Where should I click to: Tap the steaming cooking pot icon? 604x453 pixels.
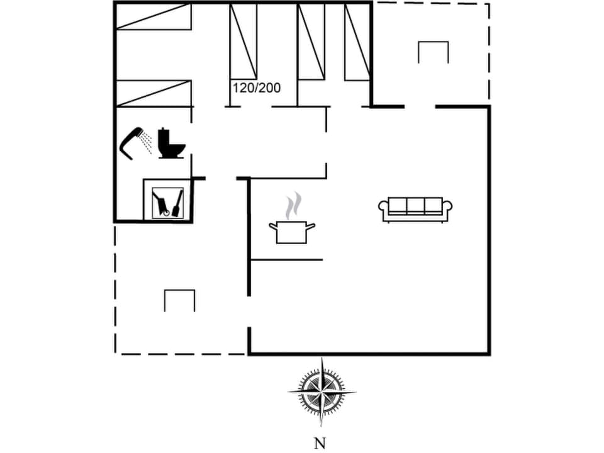point(291,231)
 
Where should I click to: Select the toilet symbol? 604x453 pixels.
point(171,144)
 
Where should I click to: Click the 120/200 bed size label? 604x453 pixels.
point(257,88)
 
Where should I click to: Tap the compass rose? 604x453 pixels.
point(322,391)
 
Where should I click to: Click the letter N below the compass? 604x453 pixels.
point(320,444)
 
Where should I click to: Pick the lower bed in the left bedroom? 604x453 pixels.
point(154,93)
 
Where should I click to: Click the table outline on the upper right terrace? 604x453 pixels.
point(433,52)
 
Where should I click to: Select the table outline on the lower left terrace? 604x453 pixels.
point(179,300)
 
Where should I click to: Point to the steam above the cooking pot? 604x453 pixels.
point(293,206)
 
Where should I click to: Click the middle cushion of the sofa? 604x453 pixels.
point(416,205)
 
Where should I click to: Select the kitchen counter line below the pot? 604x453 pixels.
point(286,259)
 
